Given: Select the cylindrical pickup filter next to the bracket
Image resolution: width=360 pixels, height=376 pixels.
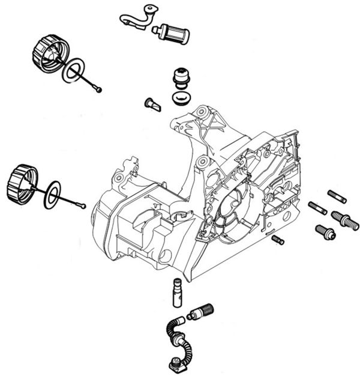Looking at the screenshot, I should point(172,34).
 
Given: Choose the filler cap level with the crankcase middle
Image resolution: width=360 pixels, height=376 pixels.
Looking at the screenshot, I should point(18,181).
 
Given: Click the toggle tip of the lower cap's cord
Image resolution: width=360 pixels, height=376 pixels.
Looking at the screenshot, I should point(81,206).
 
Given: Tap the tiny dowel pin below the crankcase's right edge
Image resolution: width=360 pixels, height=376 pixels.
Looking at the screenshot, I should point(277,239).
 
